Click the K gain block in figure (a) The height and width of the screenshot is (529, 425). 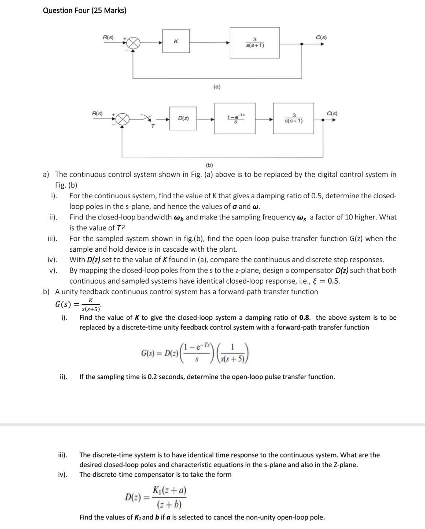176,42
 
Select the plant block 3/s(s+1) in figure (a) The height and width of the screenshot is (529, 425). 255,42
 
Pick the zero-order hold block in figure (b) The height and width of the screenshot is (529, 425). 235,118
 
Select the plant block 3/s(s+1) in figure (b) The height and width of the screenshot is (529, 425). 293,118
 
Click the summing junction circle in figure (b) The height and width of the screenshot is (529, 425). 123,119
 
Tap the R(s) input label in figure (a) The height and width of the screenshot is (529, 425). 108,37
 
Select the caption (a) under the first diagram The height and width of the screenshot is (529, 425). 217,87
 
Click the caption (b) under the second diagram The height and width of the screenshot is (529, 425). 209,165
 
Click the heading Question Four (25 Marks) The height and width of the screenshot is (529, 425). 85,11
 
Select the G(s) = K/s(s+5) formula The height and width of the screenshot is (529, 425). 78,304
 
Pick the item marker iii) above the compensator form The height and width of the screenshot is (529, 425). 63,455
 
